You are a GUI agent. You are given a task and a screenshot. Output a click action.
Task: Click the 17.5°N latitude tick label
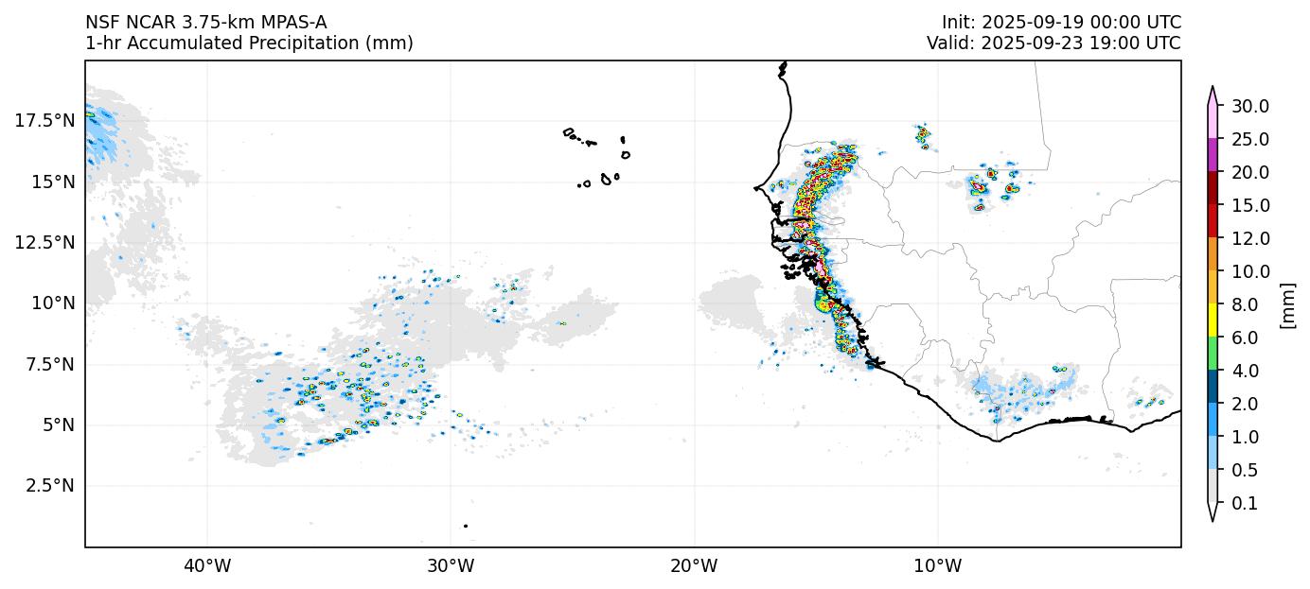(x=44, y=121)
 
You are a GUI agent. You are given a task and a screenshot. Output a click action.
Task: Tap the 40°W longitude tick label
(x=206, y=566)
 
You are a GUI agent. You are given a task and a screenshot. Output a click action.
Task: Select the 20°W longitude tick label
(x=694, y=566)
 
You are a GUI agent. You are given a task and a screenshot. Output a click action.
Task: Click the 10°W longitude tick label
(x=937, y=566)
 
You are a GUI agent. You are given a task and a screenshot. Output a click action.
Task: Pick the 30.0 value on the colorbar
(x=1249, y=106)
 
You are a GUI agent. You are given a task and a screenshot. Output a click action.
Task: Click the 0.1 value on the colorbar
(x=1245, y=504)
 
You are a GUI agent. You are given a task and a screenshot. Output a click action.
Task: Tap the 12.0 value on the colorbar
(x=1249, y=238)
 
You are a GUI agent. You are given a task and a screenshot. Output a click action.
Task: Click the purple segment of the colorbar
(x=1213, y=155)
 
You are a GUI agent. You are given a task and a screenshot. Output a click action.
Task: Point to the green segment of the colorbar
(x=1213, y=354)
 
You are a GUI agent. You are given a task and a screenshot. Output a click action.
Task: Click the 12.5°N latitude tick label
(x=44, y=243)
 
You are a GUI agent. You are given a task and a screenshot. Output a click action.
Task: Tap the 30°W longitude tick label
(x=451, y=566)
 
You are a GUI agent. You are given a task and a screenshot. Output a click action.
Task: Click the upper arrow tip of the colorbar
(x=1213, y=88)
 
